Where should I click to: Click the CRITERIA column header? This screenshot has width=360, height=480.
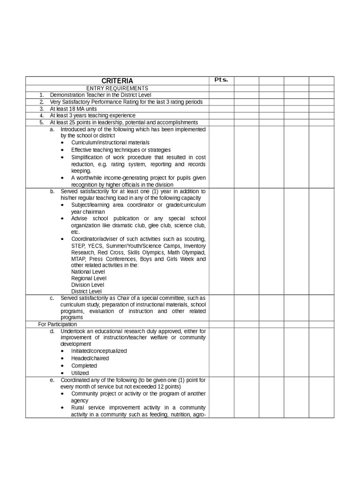[117, 81]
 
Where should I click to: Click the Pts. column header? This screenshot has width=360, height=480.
[221, 80]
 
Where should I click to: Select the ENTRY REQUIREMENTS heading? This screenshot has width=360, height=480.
[117, 88]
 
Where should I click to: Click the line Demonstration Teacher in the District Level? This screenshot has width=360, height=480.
[100, 95]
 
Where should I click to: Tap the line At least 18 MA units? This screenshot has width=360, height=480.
[74, 108]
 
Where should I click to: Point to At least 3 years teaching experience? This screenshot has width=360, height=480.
[92, 115]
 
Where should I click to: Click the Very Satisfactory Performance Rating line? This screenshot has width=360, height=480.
[126, 102]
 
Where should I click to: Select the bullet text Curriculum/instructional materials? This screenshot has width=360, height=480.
[110, 142]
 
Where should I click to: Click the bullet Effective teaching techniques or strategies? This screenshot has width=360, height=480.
[120, 150]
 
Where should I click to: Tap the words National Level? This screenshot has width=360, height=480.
[88, 271]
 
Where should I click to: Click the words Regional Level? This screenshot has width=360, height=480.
[89, 278]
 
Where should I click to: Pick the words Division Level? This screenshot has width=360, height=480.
[87, 285]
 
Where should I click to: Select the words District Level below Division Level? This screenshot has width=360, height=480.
[86, 291]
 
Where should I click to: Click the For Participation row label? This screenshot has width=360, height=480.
[57, 324]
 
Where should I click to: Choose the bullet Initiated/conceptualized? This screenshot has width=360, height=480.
[99, 351]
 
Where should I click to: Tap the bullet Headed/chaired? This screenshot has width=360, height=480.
[90, 358]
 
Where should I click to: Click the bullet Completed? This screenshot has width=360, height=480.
[84, 366]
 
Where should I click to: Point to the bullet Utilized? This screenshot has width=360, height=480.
[80, 373]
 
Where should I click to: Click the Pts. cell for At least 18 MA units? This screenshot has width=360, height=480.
[221, 108]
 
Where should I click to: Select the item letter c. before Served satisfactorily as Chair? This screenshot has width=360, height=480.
[52, 298]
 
